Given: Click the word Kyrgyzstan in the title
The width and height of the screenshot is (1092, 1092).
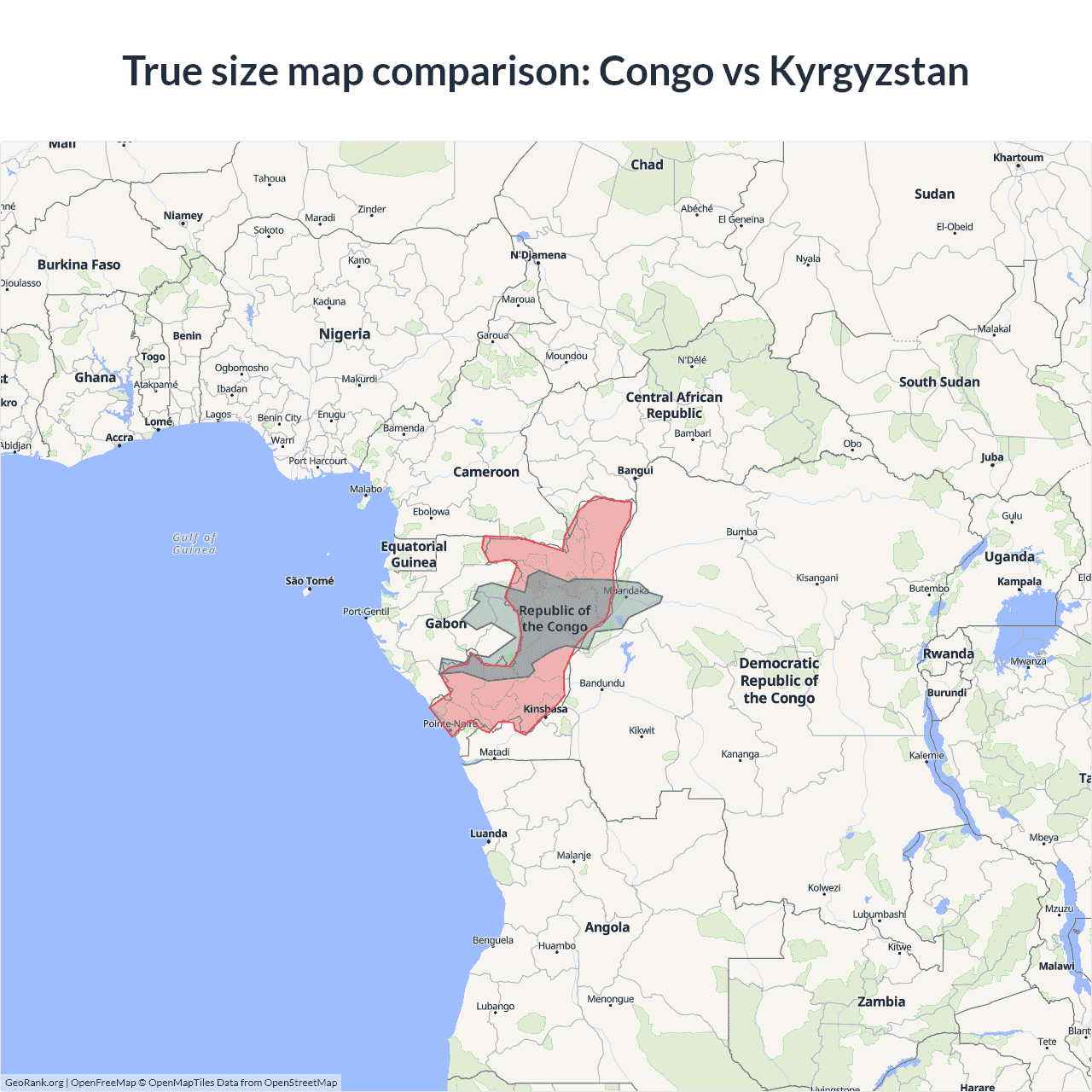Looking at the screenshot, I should coord(868,72).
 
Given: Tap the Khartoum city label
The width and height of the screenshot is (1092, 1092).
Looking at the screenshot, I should coord(1018,158).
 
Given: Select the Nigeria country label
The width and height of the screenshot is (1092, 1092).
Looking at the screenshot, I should coord(345,334).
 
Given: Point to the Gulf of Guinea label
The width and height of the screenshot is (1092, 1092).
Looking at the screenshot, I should coord(195,543).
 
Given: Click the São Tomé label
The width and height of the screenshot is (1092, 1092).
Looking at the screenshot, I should coord(310,581).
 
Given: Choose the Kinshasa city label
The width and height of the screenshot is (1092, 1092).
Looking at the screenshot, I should coord(545,709).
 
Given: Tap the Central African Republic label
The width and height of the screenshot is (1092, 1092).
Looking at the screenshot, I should coord(674,405).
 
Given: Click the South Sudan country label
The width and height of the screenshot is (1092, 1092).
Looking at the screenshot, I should coord(939,382).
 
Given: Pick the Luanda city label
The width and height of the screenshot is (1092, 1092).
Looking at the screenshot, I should coord(489,834).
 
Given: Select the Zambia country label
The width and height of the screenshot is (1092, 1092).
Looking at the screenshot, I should coord(881,1002).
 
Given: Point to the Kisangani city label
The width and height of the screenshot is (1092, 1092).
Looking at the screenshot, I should coord(816,578).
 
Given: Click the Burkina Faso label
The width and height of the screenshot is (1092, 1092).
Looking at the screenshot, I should coord(79,264).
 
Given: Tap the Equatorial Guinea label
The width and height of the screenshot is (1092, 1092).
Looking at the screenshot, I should coord(414,554).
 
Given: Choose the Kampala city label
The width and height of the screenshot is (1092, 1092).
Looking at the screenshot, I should coord(1019,582).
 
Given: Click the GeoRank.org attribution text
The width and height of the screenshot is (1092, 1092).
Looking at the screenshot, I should coord(34,1083).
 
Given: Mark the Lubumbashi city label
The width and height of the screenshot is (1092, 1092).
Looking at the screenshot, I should coord(879,915).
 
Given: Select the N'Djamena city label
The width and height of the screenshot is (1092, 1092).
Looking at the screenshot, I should coord(538,255).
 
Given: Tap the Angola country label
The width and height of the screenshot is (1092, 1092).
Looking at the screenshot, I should coord(607,927).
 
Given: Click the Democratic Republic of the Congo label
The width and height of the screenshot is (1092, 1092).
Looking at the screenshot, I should coord(779,681).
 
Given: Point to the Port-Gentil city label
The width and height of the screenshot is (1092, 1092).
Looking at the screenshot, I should coord(366,612).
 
